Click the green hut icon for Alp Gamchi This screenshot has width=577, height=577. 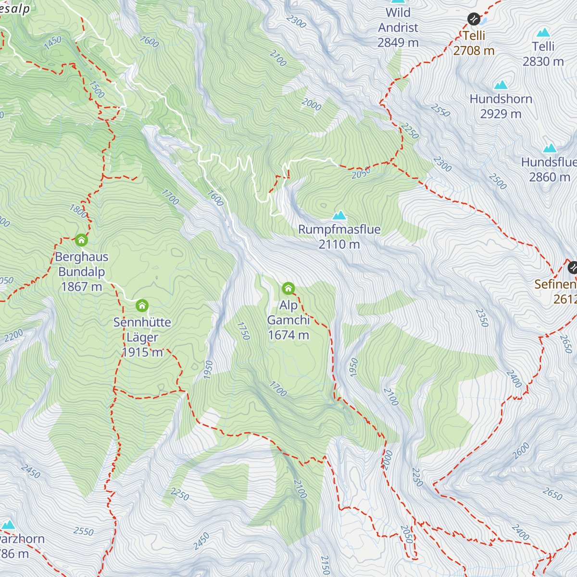288,288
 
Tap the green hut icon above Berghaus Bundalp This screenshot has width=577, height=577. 81,239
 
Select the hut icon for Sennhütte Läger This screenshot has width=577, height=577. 142,305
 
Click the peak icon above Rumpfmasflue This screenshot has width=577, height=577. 339,215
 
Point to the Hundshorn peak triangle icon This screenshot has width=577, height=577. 501,85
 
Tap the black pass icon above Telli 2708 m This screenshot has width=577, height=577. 474,19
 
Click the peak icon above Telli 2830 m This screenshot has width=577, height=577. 543,32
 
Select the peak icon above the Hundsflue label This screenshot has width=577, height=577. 550,148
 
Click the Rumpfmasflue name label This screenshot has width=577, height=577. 339,229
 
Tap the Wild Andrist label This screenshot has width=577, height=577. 398,20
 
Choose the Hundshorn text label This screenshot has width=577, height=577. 501,99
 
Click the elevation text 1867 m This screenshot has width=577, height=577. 81,287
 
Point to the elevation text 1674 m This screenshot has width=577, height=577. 288,335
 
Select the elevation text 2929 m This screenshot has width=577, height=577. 501,114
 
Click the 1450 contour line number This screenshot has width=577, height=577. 52,43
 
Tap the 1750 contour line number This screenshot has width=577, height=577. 244,331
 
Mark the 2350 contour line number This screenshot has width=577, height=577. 482,318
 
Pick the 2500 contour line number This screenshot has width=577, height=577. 498,181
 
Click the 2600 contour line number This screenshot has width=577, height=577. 521,451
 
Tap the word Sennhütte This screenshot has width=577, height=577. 142,322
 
